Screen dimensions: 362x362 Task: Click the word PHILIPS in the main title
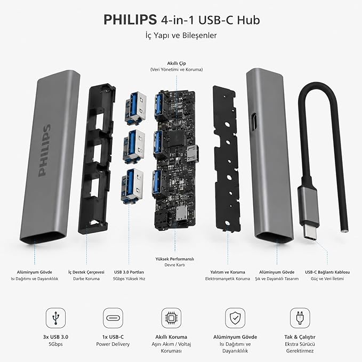(130, 20)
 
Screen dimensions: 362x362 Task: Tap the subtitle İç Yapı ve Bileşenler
(181, 35)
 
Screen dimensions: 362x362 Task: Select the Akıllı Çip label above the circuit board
(176, 63)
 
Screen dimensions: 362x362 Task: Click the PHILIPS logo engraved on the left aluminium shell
(44, 150)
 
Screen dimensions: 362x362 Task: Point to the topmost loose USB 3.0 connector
(135, 108)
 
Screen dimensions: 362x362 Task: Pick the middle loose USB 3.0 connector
(134, 147)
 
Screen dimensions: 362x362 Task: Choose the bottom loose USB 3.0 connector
(132, 186)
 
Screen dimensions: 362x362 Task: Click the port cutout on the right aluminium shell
(254, 119)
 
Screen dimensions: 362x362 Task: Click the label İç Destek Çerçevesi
(86, 272)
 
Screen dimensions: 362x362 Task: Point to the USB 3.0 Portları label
(129, 272)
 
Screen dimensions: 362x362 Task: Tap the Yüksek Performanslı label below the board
(175, 259)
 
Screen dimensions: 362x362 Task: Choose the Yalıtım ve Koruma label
(228, 272)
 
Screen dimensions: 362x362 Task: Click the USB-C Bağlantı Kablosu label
(327, 272)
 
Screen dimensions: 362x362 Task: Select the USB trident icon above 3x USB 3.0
(55, 318)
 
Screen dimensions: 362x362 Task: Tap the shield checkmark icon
(235, 318)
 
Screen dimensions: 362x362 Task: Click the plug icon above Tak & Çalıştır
(300, 318)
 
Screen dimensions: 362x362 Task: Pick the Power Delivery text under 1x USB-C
(113, 344)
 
